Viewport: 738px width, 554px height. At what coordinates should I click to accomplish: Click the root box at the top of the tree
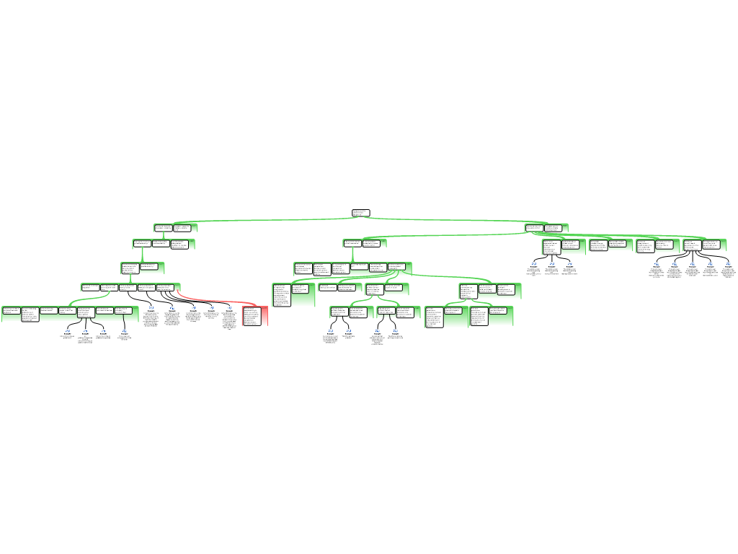pos(360,213)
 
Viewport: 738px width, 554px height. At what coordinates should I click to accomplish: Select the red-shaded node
pos(254,316)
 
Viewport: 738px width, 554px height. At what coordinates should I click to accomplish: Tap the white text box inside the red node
pos(251,316)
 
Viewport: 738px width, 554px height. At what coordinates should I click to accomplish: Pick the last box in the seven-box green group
pos(123,311)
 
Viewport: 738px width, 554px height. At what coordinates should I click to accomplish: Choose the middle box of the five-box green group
pos(128,287)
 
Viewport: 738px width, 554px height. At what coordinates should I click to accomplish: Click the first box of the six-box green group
pos(303,269)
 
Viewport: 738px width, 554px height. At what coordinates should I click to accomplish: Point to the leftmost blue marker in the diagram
pos(68,330)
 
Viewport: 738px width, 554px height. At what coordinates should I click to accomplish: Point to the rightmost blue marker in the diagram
pos(728,263)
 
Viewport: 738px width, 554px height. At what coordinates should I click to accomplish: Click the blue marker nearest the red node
pos(229,308)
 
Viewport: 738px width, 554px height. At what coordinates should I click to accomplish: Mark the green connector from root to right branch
pos(447,219)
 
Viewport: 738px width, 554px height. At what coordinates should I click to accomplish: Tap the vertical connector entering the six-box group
pos(352,254)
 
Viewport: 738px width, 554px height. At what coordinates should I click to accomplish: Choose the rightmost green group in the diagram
pos(705,245)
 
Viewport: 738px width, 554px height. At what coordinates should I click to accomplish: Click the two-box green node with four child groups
pos(546,228)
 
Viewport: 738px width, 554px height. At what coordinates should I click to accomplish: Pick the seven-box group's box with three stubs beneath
pos(86,312)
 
